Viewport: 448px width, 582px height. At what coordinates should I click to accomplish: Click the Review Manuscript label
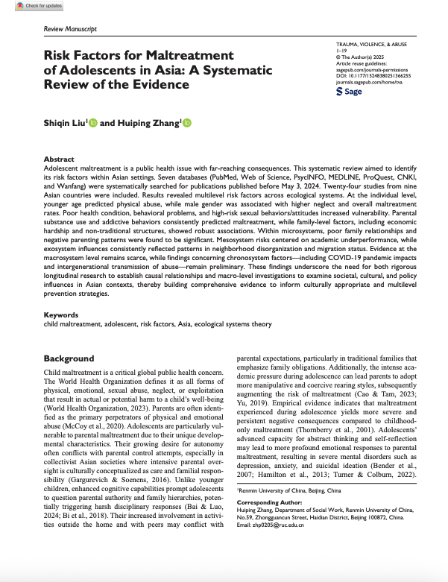click(x=71, y=29)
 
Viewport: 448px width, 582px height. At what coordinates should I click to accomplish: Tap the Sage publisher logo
click(x=350, y=91)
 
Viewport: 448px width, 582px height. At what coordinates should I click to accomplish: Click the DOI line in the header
click(x=373, y=75)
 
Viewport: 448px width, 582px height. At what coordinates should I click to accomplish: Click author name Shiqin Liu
click(x=65, y=123)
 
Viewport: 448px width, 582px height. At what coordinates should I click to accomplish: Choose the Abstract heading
click(x=59, y=159)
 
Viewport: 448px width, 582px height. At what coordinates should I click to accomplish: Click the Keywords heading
click(x=61, y=337)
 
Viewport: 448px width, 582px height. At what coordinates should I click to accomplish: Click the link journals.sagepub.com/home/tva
click(x=371, y=81)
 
